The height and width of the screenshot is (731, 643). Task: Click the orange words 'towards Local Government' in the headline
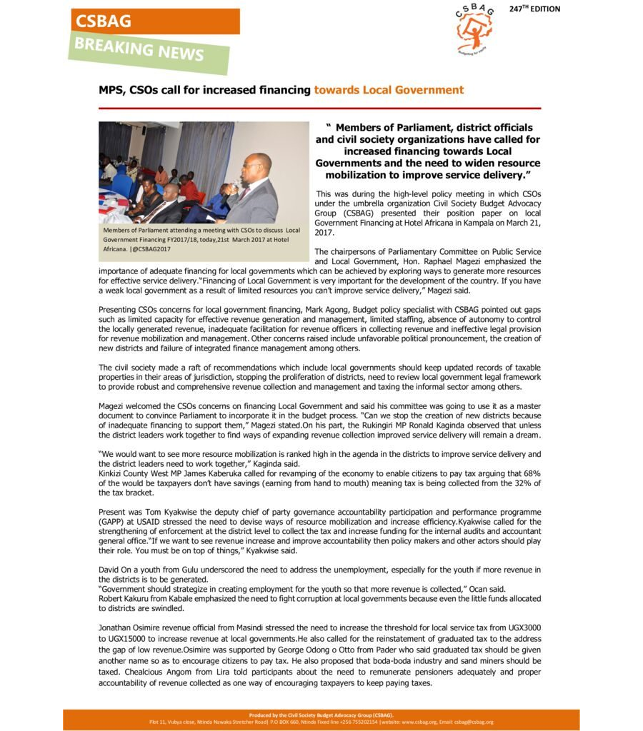pyautogui.click(x=389, y=90)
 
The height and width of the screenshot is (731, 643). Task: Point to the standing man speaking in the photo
pyautogui.click(x=254, y=189)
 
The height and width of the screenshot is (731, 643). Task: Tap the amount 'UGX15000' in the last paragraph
pyautogui.click(x=122, y=637)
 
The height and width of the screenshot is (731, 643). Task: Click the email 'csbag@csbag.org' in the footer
pyautogui.click(x=472, y=722)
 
